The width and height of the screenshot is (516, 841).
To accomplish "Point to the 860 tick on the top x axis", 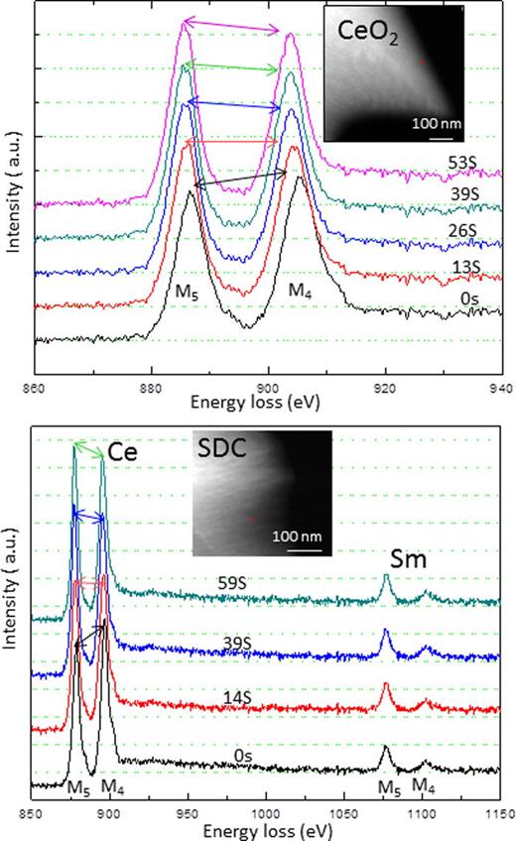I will click(35, 390).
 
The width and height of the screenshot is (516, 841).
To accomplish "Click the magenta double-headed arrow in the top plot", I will click(236, 28).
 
